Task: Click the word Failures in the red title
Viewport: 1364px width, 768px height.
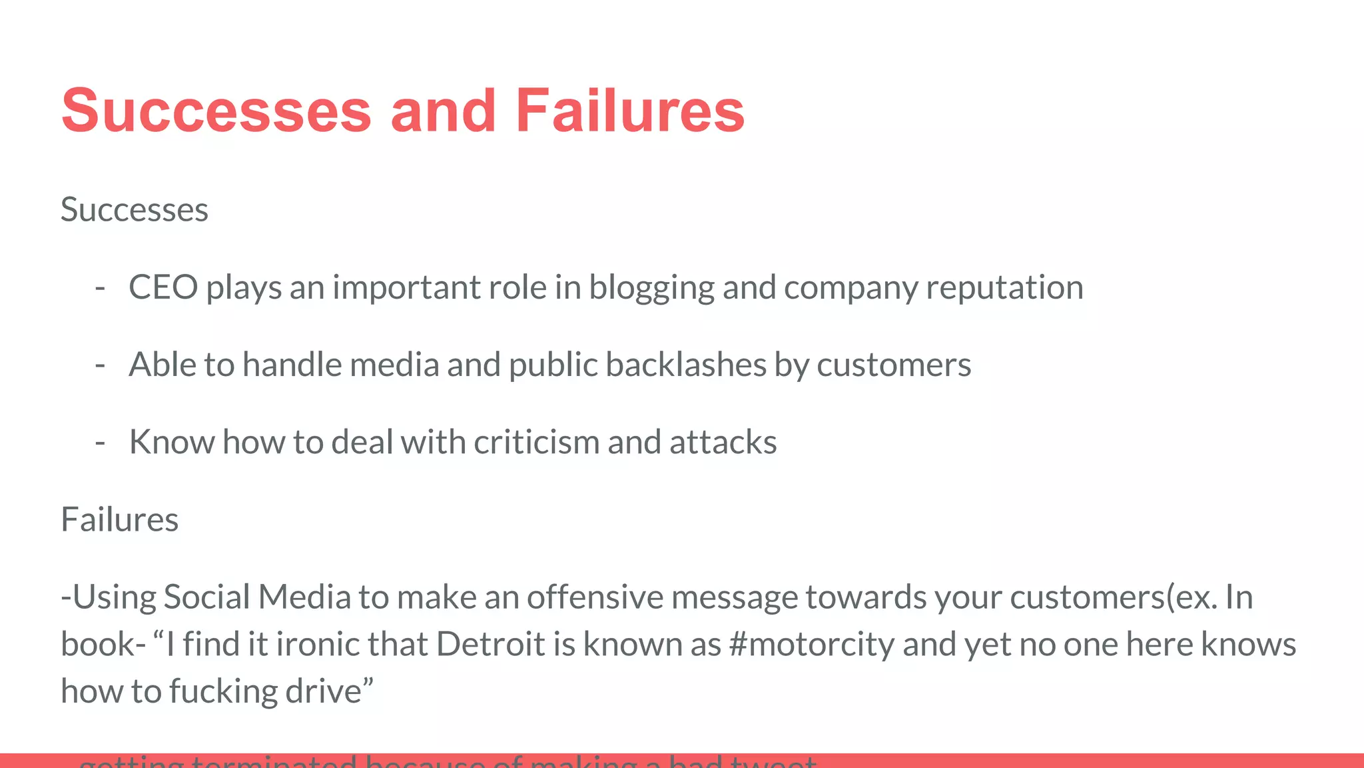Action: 629,111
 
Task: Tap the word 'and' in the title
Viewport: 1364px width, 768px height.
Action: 443,111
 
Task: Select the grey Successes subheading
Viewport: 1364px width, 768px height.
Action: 135,210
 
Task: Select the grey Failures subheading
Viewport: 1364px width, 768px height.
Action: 120,519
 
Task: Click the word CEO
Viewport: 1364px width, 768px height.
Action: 163,287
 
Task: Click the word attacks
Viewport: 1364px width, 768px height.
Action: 723,442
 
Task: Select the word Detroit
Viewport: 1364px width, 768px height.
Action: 491,644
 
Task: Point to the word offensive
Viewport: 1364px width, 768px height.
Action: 595,597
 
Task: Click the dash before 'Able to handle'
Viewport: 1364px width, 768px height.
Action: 101,365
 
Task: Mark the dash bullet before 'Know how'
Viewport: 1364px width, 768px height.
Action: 101,442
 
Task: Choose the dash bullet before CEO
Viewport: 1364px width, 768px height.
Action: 101,287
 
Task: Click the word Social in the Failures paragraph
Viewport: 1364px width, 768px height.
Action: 206,597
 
